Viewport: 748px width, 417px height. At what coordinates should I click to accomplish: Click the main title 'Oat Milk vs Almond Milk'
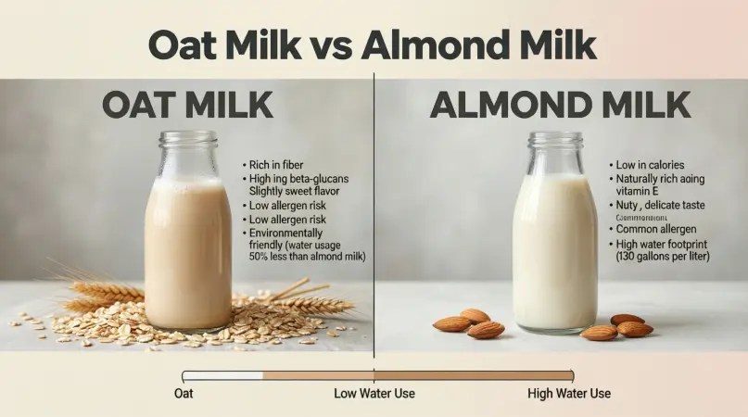coord(373,44)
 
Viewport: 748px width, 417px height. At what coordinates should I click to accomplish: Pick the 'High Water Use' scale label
coord(569,393)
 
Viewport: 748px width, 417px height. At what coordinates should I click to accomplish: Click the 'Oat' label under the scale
coord(184,393)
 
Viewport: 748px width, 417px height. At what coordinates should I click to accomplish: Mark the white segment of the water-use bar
coord(223,375)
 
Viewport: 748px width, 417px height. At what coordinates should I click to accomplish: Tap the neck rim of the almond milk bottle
coord(555,139)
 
